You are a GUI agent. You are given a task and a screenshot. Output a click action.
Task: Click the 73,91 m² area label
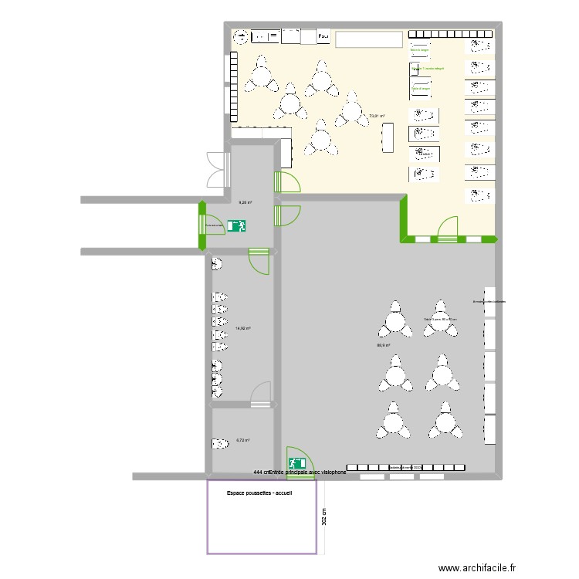pos(377,117)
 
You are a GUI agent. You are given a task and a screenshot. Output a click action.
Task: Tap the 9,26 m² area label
pos(245,202)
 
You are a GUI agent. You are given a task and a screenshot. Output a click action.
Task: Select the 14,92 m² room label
pos(243,328)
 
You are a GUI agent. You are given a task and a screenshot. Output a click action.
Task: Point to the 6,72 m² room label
pos(243,440)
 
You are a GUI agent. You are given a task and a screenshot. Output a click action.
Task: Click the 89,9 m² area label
pos(383,346)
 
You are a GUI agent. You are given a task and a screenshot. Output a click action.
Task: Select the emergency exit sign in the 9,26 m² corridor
pos(236,226)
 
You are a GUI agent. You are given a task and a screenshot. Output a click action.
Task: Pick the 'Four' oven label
pos(323,36)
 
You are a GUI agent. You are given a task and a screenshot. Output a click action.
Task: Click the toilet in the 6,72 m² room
pos(218,443)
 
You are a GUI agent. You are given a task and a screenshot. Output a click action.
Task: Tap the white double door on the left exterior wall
pos(216,170)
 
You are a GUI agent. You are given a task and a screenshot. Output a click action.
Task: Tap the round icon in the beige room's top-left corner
pos(241,36)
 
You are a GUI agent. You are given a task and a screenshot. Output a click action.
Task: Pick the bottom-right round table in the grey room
pos(444,422)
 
